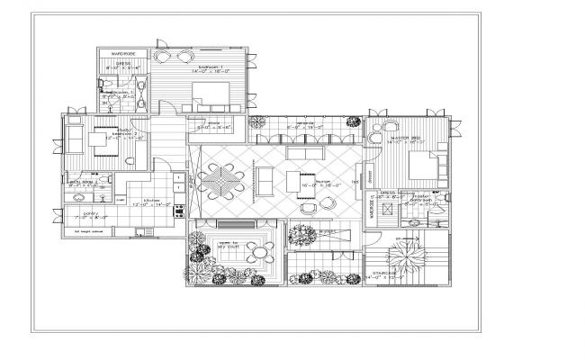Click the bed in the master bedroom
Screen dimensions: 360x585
(421, 167)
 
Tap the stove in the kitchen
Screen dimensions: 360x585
(178, 210)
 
